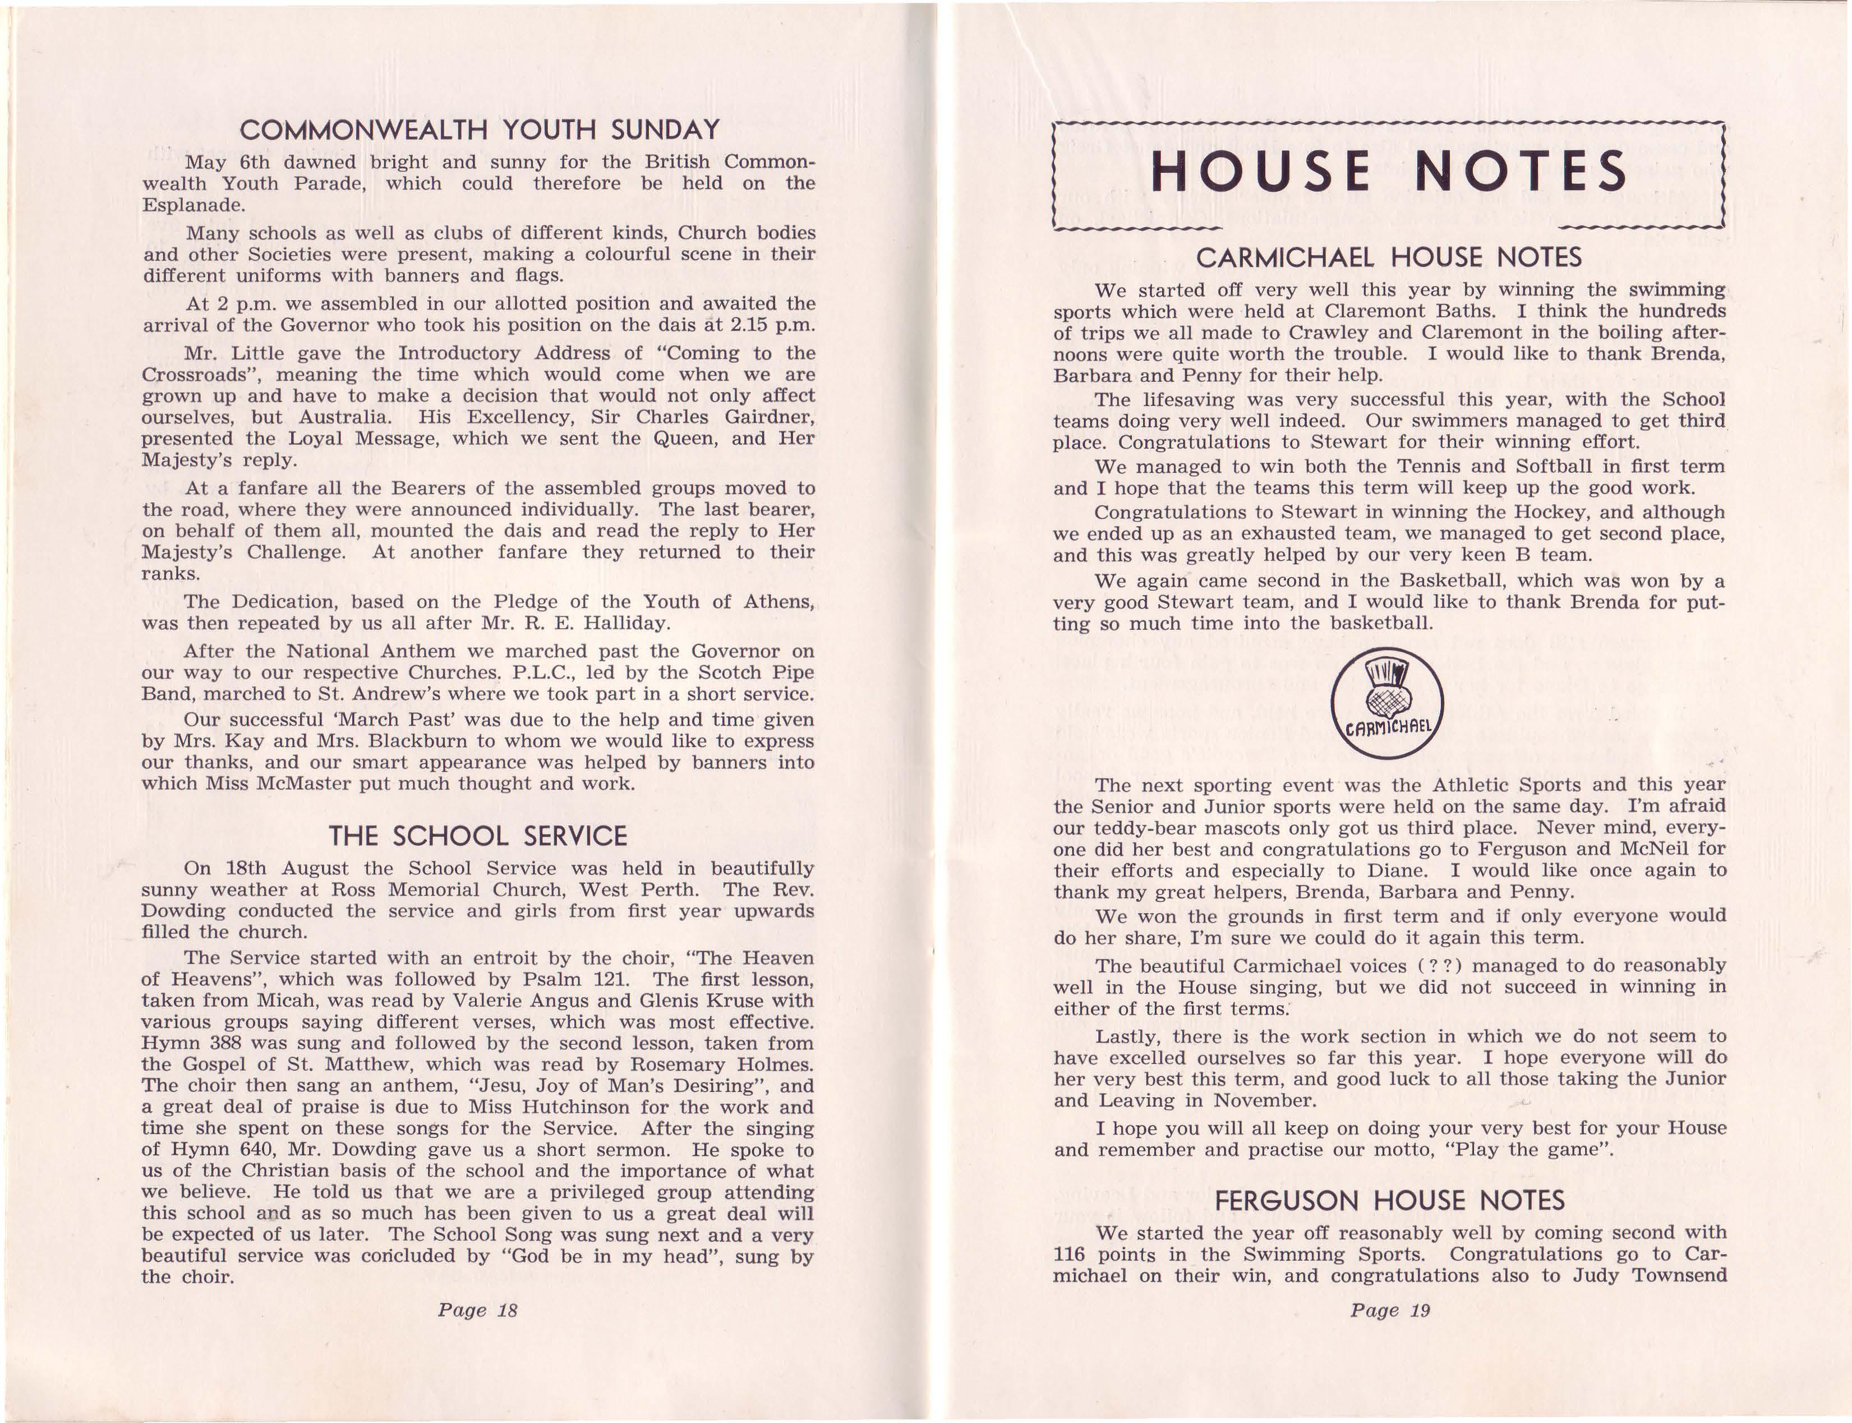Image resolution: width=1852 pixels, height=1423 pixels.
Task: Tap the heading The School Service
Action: pos(478,836)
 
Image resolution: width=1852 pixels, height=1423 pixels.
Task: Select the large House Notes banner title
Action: pos(1389,171)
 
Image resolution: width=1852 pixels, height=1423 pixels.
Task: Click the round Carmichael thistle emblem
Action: pos(1386,704)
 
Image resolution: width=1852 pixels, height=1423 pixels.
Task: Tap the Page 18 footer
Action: pos(477,1310)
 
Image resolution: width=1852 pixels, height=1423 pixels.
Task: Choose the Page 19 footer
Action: pos(1390,1310)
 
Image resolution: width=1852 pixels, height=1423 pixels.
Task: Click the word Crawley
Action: pos(1333,333)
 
